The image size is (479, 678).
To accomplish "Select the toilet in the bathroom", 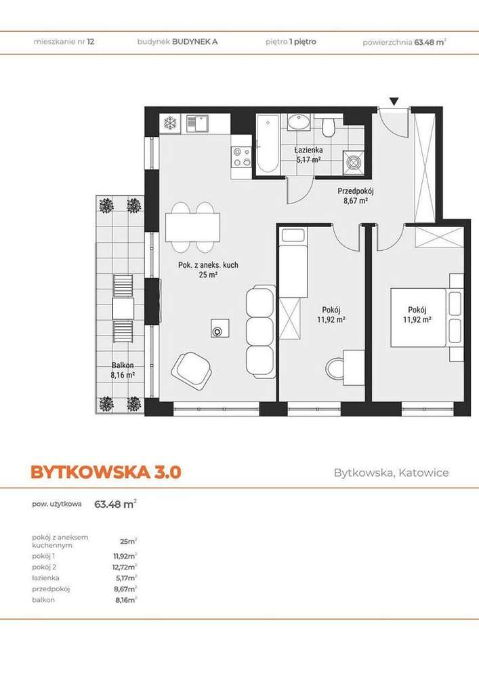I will (329, 127).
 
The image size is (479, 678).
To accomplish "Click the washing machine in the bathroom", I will (353, 162).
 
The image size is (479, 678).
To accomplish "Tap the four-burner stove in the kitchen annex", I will (241, 157).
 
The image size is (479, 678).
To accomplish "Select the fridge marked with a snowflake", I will (171, 123).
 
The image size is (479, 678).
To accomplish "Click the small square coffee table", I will (219, 330).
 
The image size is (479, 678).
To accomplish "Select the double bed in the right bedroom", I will (423, 317).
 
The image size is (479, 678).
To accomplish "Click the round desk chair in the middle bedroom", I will (336, 370).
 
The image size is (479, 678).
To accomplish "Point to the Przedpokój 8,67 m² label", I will (355, 196).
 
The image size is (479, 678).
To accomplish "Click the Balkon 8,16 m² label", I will (123, 370).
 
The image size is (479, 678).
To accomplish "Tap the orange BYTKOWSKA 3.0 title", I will (106, 472).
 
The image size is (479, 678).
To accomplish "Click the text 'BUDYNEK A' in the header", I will (194, 41).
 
